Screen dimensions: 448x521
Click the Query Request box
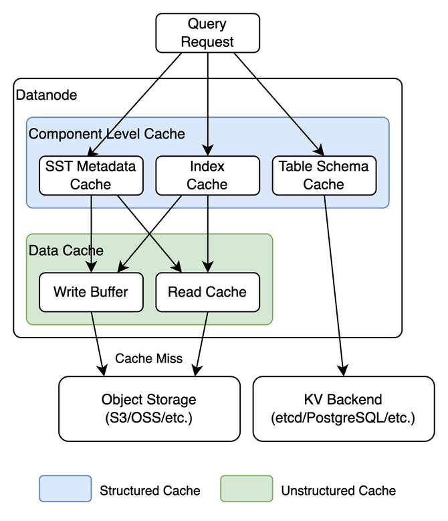[208, 33]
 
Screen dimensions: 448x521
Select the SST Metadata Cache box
[91, 175]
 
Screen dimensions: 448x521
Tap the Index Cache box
[208, 175]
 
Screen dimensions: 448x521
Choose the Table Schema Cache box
[324, 175]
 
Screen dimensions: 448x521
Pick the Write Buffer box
[91, 292]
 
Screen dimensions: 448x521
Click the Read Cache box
[208, 292]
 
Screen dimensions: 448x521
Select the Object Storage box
[149, 408]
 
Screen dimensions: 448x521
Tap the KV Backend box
[344, 408]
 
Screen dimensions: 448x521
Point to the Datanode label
[46, 95]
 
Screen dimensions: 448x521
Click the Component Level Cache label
[107, 134]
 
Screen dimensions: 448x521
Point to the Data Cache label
[66, 250]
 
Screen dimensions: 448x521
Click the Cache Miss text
[148, 358]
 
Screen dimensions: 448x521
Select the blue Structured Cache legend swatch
[66, 488]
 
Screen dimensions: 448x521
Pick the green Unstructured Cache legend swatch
[247, 488]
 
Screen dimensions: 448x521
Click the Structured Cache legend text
[150, 490]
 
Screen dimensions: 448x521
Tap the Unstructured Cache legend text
[338, 490]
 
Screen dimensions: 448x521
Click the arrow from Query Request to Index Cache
[208, 104]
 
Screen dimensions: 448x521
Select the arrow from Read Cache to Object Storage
[202, 344]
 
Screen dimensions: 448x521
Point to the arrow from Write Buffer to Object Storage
[98, 344]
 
